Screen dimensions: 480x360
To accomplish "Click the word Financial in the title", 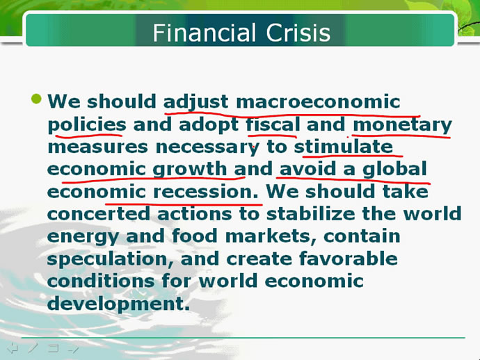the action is tap(205, 33).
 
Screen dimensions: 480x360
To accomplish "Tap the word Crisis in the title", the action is tap(298, 33).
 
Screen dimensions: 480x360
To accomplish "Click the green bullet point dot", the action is tap(36, 99).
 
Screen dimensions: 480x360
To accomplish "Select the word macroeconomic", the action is tap(318, 101).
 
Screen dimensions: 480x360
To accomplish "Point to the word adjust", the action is tap(196, 102).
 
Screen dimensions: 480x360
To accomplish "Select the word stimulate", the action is tap(344, 147).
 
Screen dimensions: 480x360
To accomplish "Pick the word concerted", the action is tap(99, 214).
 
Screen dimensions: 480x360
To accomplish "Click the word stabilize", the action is tap(311, 213).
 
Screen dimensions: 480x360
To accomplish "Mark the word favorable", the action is tap(349, 259).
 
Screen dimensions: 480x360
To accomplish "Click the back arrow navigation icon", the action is tap(13, 348).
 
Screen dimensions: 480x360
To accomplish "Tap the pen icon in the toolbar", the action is tap(33, 347).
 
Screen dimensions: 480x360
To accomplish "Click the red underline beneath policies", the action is tap(89, 134).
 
